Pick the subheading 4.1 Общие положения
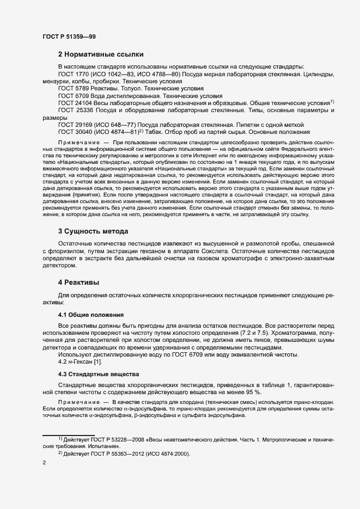tap(91, 315)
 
